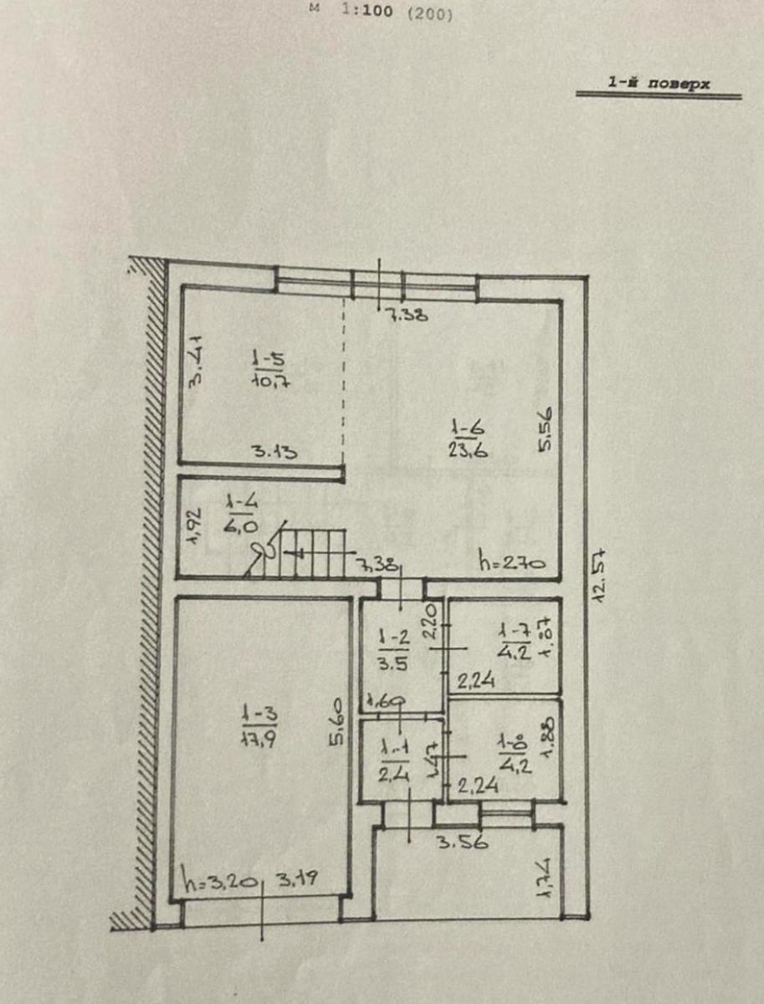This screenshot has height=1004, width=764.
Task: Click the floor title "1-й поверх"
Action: point(659,84)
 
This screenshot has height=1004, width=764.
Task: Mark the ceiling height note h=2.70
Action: point(511,561)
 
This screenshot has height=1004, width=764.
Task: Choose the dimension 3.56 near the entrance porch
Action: point(461,843)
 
